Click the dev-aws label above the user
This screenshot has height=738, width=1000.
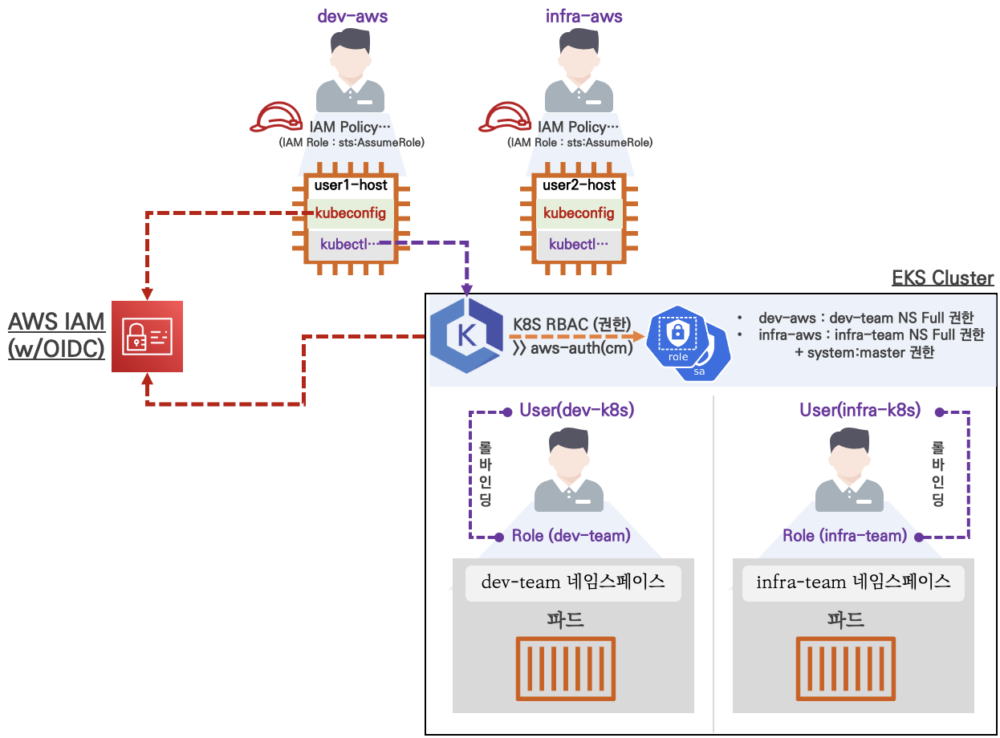click(x=352, y=15)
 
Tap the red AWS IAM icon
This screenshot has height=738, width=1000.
click(x=147, y=337)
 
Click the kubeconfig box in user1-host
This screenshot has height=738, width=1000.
click(x=351, y=213)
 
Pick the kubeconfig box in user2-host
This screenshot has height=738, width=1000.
click(x=579, y=213)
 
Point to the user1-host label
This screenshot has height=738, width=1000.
click(x=351, y=185)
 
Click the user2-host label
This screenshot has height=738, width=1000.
click(x=579, y=185)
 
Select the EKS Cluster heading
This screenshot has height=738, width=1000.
click(x=943, y=278)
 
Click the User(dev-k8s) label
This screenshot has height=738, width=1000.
click(x=577, y=411)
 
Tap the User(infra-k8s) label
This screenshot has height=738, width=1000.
click(x=860, y=411)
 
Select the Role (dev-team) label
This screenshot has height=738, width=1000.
click(x=571, y=535)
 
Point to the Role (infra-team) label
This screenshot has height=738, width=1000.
click(x=844, y=535)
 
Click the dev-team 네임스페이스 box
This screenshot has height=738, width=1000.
click(x=573, y=582)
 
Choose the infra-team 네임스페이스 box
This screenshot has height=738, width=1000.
click(x=853, y=582)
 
